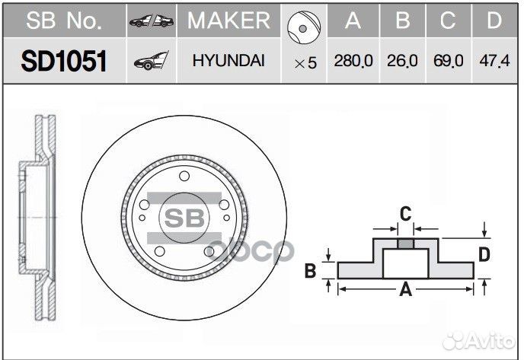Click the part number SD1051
(63, 61)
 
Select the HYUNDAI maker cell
(228, 61)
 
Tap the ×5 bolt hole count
(305, 63)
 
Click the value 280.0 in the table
(353, 62)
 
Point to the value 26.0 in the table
(401, 62)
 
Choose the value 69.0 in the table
(449, 62)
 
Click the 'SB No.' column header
(63, 21)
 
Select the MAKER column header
(228, 21)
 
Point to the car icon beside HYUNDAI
(152, 62)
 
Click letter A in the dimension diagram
(405, 288)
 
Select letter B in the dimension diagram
(311, 269)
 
